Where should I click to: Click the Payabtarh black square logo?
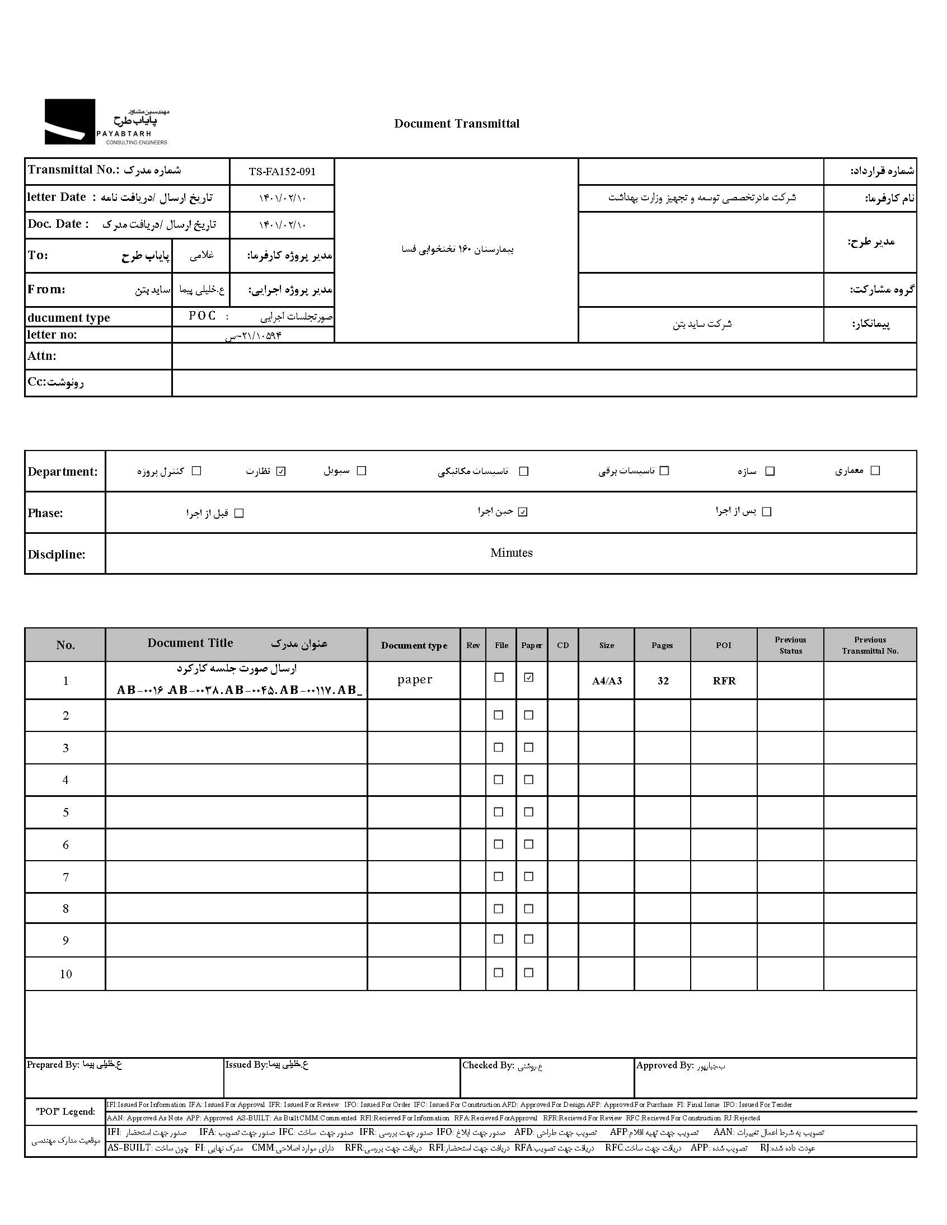click(x=69, y=121)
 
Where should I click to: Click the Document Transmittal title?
click(x=457, y=124)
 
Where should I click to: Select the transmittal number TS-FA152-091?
click(x=282, y=172)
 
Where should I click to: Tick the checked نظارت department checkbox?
click(x=282, y=471)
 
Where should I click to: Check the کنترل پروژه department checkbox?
click(x=196, y=471)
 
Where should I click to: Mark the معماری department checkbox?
click(x=875, y=471)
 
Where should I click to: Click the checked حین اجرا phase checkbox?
click(x=523, y=511)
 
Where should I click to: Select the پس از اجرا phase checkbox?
click(x=767, y=511)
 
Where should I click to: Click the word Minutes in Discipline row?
click(x=511, y=553)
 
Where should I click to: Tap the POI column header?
click(x=724, y=645)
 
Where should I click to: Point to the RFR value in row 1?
click(x=724, y=681)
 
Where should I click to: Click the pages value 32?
click(x=663, y=681)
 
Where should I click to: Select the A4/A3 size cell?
click(x=607, y=681)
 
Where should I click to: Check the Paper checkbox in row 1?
click(x=528, y=678)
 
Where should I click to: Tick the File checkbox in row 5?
click(x=498, y=812)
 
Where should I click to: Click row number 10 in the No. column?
click(x=65, y=974)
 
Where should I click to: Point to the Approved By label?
click(x=665, y=1066)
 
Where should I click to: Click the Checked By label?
click(x=487, y=1066)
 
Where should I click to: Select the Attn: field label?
click(x=42, y=356)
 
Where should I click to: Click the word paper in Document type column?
click(x=415, y=679)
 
